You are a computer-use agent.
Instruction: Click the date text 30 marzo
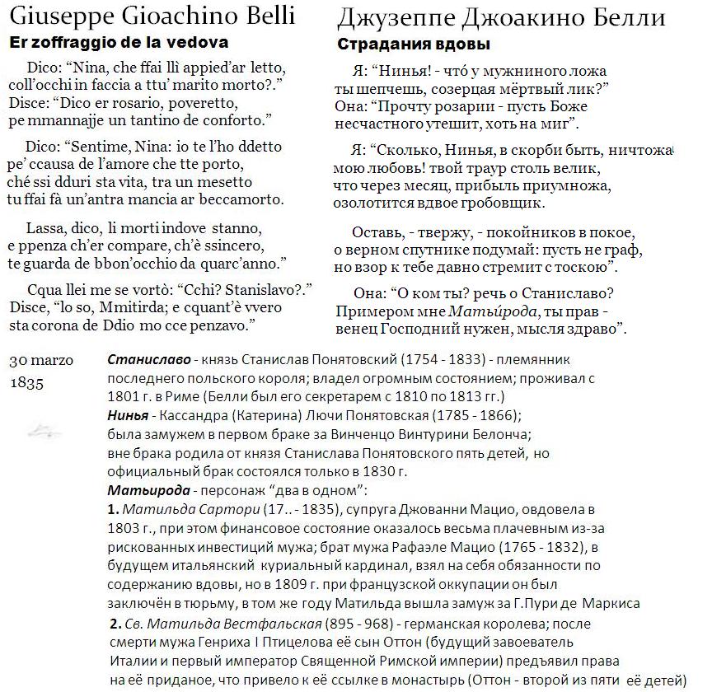tap(40, 361)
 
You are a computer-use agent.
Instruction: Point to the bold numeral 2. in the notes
tap(115, 622)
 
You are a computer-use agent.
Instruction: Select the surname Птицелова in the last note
tap(312, 641)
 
